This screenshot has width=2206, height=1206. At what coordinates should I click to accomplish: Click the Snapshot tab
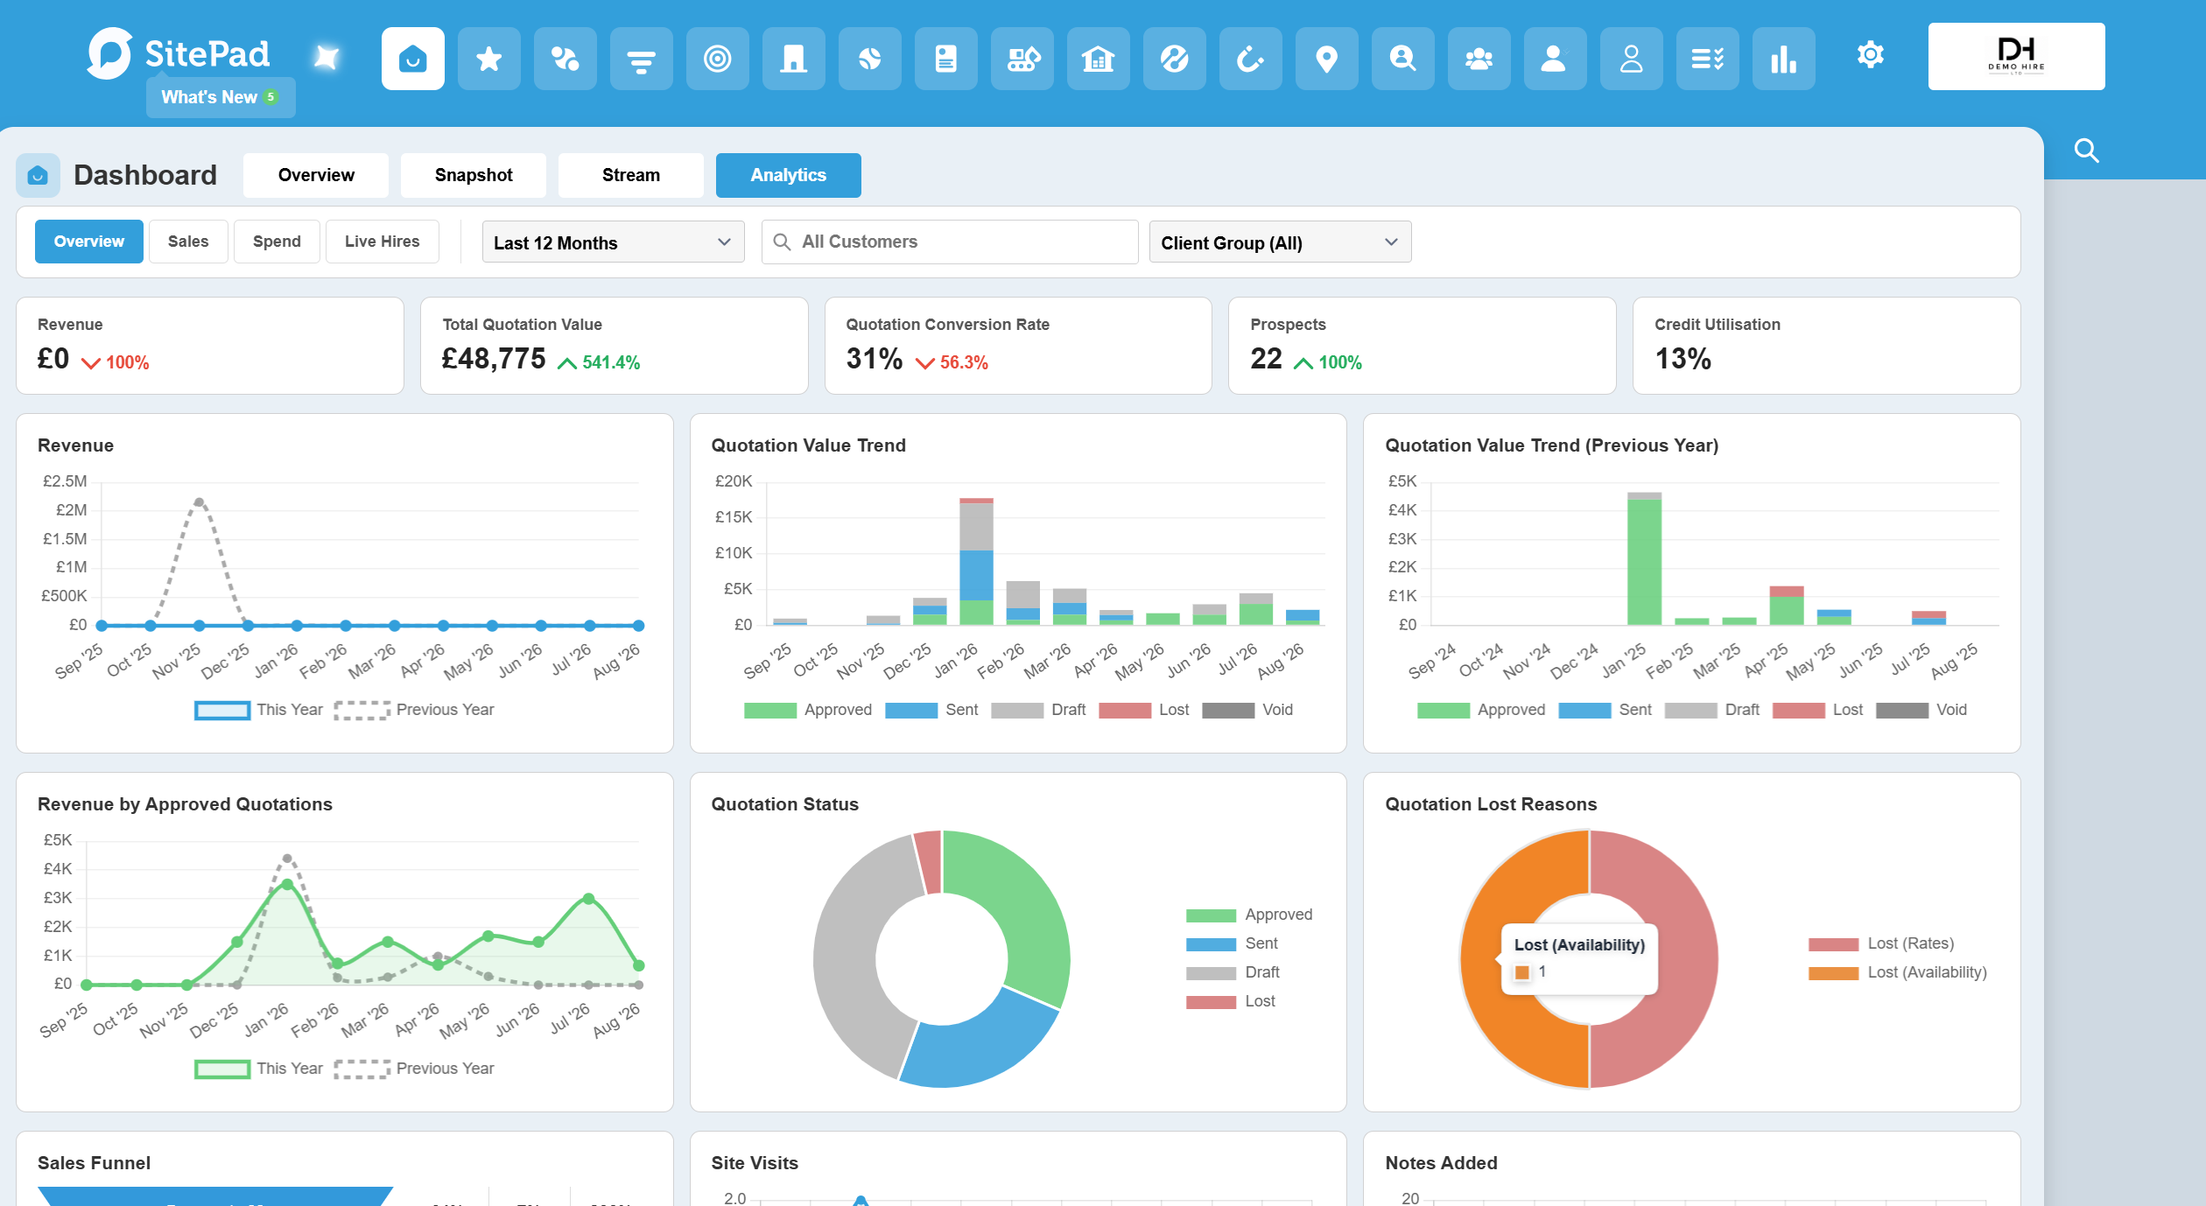click(474, 175)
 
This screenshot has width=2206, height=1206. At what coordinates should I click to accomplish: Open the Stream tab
click(631, 175)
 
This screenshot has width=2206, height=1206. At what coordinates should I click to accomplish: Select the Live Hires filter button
click(382, 242)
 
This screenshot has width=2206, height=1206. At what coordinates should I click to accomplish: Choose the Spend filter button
click(277, 242)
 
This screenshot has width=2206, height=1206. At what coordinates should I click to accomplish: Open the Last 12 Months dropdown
click(613, 242)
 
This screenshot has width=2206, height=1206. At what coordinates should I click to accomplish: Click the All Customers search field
click(950, 242)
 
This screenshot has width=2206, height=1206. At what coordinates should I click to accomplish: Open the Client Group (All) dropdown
click(1280, 242)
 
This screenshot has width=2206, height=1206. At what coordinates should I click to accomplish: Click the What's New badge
click(221, 97)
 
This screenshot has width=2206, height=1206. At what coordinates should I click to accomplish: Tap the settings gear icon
click(1870, 55)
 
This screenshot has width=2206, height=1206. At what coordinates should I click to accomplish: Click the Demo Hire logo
click(2016, 56)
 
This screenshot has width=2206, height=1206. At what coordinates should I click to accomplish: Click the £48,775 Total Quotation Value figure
click(494, 359)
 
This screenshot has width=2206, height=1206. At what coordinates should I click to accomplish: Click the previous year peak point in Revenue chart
click(200, 502)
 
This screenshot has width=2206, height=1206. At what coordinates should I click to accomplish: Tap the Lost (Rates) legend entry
click(1881, 943)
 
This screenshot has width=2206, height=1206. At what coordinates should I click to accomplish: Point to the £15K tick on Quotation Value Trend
click(734, 517)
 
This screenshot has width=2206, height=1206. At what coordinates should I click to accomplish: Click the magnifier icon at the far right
click(2087, 151)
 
